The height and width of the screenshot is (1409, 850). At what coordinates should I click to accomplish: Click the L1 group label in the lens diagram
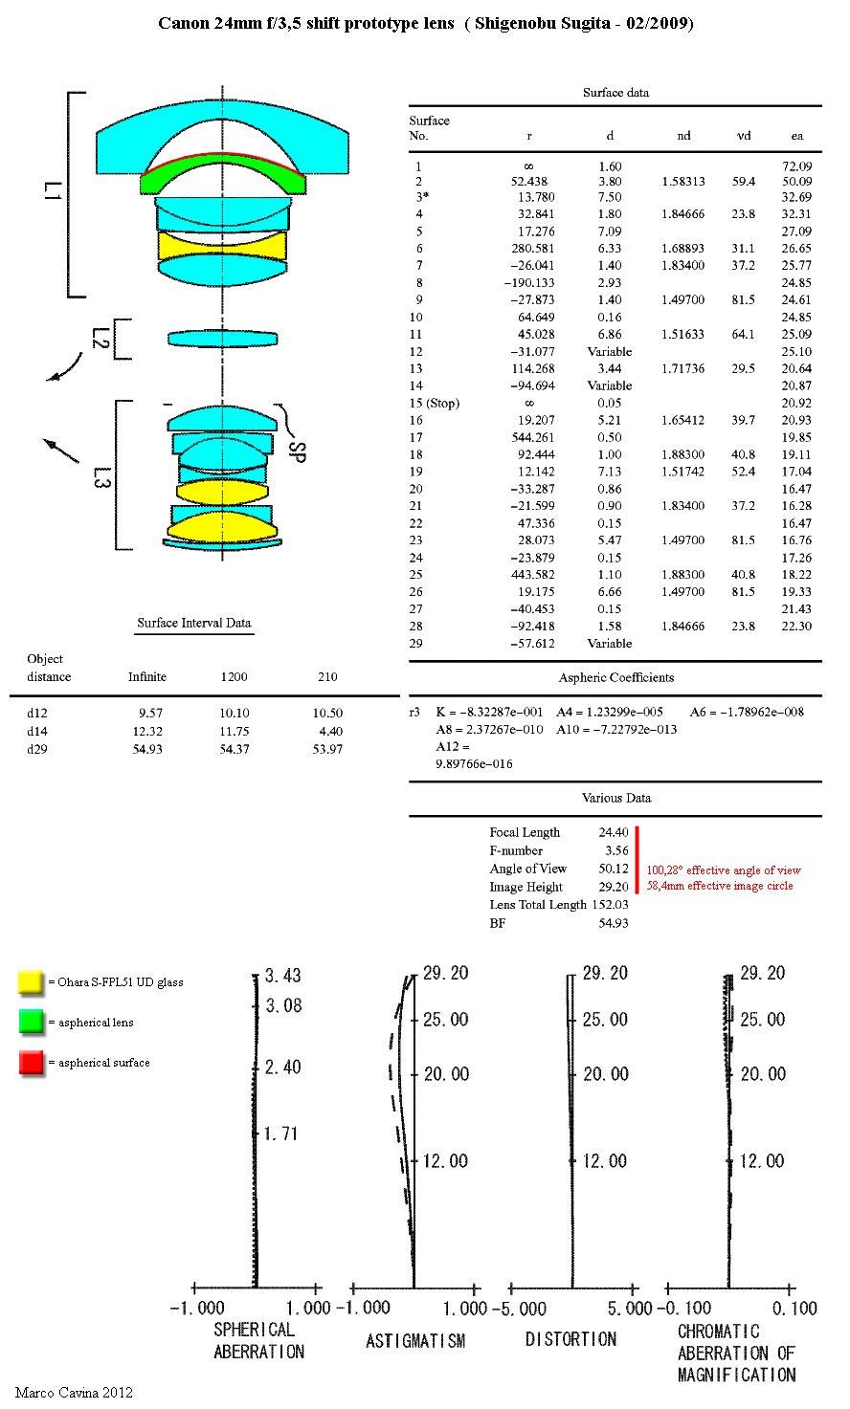pyautogui.click(x=53, y=191)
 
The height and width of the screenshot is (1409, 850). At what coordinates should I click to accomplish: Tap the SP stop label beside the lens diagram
pyautogui.click(x=297, y=451)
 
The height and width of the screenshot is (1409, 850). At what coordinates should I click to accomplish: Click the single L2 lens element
pyautogui.click(x=222, y=339)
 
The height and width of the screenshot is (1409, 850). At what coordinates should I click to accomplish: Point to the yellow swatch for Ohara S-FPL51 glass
pyautogui.click(x=31, y=981)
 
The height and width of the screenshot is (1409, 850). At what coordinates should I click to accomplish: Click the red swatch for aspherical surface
pyautogui.click(x=31, y=1063)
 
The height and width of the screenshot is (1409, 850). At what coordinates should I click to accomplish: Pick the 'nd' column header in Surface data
pyautogui.click(x=683, y=135)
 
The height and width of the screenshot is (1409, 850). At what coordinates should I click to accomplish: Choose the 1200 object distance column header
pyautogui.click(x=234, y=677)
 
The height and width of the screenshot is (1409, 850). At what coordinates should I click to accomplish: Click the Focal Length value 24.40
pyautogui.click(x=614, y=832)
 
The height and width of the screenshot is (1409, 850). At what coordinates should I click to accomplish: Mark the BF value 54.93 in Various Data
pyautogui.click(x=614, y=923)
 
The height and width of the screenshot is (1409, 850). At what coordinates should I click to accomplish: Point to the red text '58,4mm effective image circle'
pyautogui.click(x=720, y=886)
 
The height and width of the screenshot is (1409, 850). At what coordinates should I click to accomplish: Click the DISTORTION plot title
pyautogui.click(x=571, y=1340)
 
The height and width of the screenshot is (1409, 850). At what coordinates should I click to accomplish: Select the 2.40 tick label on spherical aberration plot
pyautogui.click(x=282, y=1067)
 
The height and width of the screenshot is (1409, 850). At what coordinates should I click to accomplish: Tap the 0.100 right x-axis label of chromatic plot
pyautogui.click(x=794, y=1309)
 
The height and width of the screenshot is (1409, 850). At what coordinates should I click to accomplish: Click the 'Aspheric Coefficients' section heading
pyautogui.click(x=615, y=677)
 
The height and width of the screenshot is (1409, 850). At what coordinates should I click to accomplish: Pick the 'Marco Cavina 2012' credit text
pyautogui.click(x=75, y=1392)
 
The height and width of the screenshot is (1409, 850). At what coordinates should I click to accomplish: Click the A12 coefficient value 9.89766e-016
pyautogui.click(x=474, y=763)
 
